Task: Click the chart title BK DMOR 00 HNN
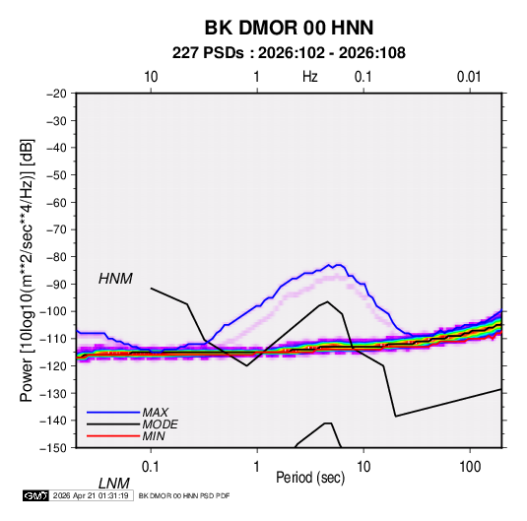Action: (x=289, y=28)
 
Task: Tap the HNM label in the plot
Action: (x=115, y=279)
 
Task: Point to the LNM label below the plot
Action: (x=113, y=484)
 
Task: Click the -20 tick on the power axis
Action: (x=56, y=94)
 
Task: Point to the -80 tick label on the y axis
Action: (x=56, y=257)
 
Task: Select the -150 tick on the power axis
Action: (x=53, y=448)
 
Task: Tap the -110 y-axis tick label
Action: (x=53, y=339)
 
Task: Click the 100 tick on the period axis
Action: (x=470, y=467)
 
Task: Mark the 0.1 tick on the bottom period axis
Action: (x=150, y=467)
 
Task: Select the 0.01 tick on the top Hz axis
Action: (x=469, y=77)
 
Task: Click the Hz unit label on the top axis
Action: (x=310, y=77)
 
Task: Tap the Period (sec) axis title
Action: (x=310, y=478)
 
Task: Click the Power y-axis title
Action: (x=27, y=271)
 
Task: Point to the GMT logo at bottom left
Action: (x=35, y=495)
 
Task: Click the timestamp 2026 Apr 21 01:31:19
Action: (x=91, y=495)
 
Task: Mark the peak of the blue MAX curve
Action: (x=329, y=265)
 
